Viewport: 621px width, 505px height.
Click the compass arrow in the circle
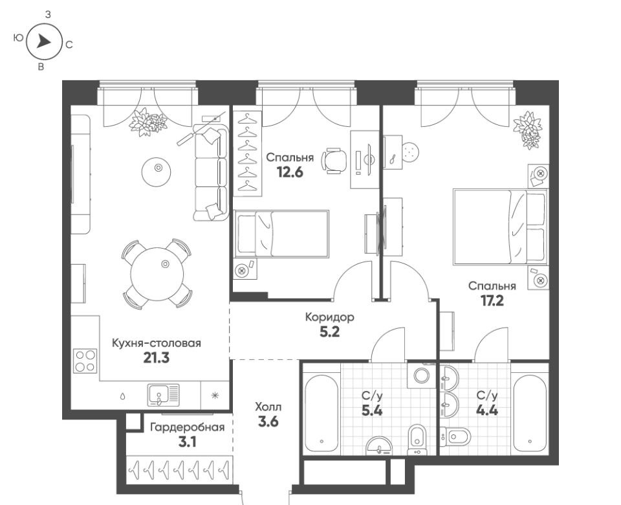(43, 41)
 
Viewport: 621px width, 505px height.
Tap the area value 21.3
(156, 358)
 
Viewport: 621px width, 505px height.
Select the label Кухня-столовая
(157, 343)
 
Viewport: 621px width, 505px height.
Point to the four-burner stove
(85, 361)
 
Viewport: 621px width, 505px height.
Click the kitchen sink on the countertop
(163, 394)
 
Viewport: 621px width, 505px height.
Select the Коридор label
(329, 317)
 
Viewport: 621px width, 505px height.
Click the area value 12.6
(290, 172)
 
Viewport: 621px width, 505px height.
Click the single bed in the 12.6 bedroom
(281, 234)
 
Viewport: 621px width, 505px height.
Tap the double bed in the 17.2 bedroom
(500, 227)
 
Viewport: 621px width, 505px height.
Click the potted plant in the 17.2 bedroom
(527, 129)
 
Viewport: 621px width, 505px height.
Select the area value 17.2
(492, 301)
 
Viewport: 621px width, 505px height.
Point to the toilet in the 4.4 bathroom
(455, 437)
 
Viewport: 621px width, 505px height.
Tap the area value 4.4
(486, 410)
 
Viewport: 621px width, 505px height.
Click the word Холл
(268, 407)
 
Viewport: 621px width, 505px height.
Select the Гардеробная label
(188, 427)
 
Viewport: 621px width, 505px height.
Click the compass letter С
(69, 45)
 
